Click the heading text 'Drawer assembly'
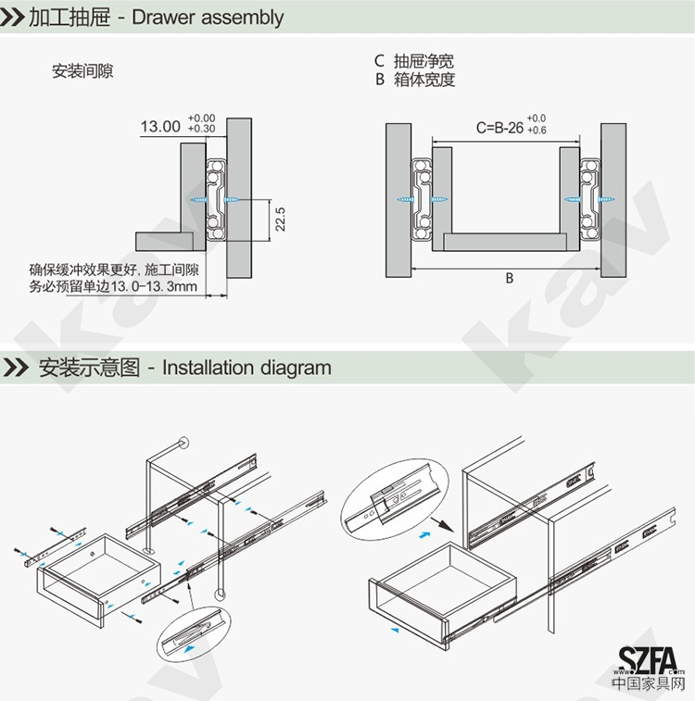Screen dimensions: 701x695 [x=208, y=18]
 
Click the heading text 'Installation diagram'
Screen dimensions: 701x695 [x=246, y=368]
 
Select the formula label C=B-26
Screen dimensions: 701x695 [x=499, y=128]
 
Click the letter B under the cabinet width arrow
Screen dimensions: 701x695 [x=509, y=279]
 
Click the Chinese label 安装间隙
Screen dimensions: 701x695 [x=82, y=71]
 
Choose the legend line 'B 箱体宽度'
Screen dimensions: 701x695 [x=414, y=80]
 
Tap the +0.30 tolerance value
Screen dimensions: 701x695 [x=201, y=130]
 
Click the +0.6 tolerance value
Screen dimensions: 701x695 [x=537, y=131]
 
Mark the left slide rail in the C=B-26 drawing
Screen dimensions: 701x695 [x=422, y=199]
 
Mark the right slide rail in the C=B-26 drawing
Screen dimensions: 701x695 [x=590, y=199]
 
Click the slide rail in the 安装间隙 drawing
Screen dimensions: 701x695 [x=216, y=199]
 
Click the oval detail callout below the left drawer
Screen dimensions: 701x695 [x=193, y=635]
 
